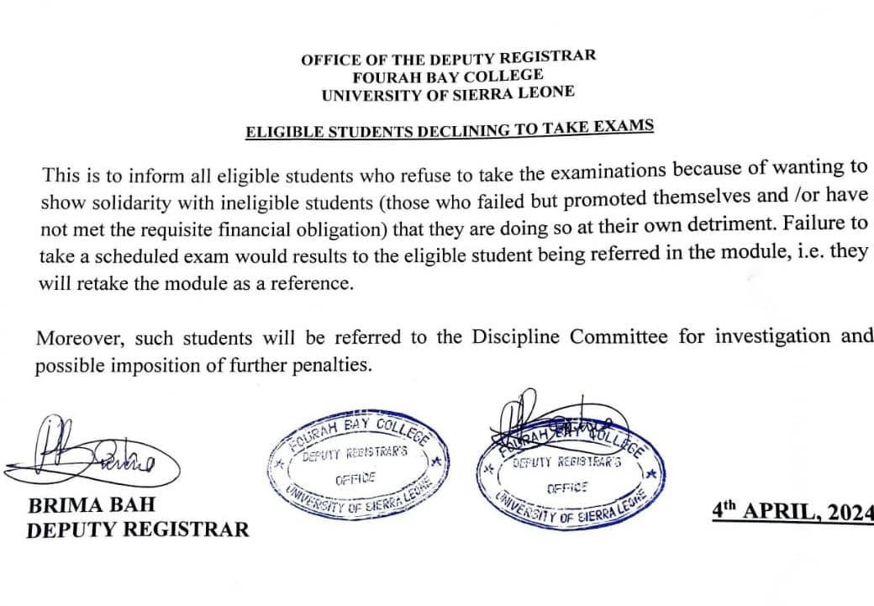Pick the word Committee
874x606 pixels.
click(619, 336)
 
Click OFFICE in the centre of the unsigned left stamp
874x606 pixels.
click(354, 480)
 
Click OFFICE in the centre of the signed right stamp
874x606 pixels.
click(567, 487)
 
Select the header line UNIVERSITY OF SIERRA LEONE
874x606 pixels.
click(448, 94)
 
